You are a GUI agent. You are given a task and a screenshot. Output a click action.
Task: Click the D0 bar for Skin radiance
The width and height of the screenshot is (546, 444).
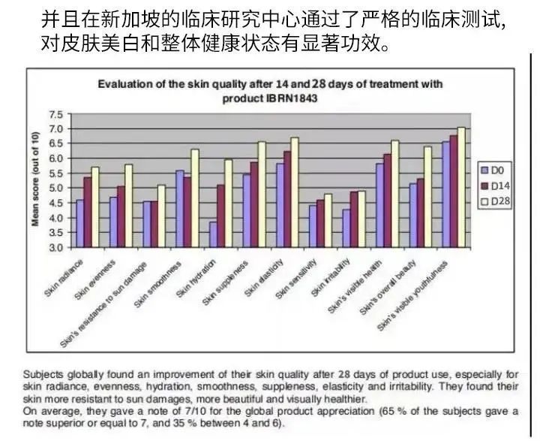(x=80, y=223)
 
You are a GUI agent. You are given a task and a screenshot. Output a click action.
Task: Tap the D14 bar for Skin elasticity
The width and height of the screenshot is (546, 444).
(x=286, y=199)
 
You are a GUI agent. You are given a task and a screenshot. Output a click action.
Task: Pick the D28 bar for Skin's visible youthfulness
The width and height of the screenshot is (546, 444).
(x=461, y=187)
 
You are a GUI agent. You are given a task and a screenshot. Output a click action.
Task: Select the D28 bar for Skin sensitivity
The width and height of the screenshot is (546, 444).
(x=328, y=221)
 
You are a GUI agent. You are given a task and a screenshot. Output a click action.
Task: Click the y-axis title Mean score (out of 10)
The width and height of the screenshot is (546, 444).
(x=34, y=179)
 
